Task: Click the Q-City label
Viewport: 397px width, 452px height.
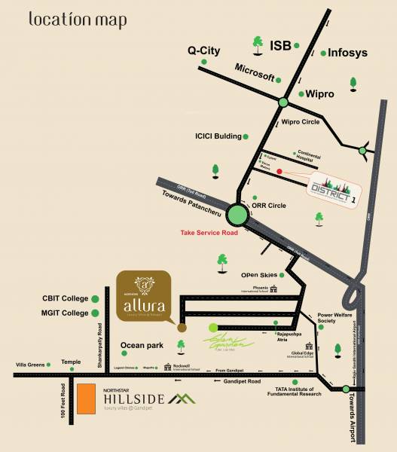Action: coord(203,51)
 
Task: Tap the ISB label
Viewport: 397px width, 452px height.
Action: coord(281,46)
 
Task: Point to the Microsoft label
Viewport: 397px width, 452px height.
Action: coord(254,68)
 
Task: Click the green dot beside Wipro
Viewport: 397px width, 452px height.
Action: coord(301,94)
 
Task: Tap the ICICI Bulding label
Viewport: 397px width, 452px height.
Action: coord(218,136)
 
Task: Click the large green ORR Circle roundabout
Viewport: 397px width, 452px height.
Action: coord(238,215)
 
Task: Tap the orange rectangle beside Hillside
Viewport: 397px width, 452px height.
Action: coord(86,401)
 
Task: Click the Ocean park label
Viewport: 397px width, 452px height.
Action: coord(142,347)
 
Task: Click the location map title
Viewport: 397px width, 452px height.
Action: coord(78,20)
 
